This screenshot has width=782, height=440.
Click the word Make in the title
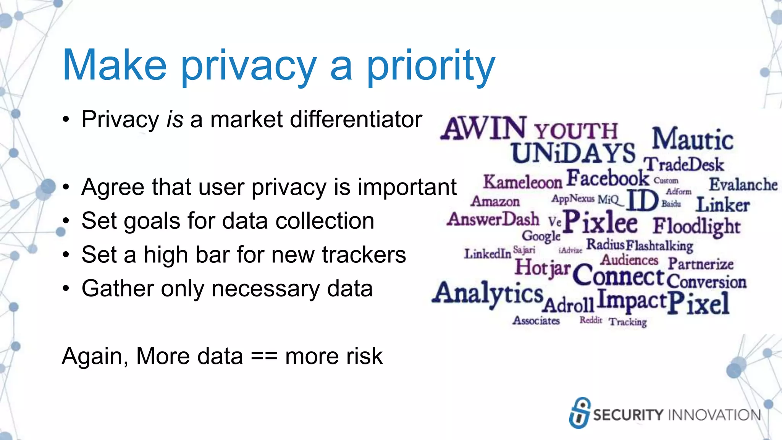pyautogui.click(x=115, y=66)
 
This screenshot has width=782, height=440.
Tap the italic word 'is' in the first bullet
pyautogui.click(x=175, y=120)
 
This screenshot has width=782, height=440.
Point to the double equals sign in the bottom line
pyautogui.click(x=264, y=357)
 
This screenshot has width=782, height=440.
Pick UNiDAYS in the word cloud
pyautogui.click(x=573, y=153)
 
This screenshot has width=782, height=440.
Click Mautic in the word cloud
pyautogui.click(x=692, y=139)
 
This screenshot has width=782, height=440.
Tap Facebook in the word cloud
pyautogui.click(x=608, y=178)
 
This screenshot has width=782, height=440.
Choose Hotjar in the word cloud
pyautogui.click(x=542, y=267)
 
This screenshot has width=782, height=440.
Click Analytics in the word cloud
pyautogui.click(x=488, y=293)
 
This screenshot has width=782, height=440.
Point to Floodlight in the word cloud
pyautogui.click(x=696, y=226)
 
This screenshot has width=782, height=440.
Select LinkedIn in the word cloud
pyautogui.click(x=487, y=254)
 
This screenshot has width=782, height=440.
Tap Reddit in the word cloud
pyautogui.click(x=590, y=320)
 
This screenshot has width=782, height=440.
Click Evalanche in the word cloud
pyautogui.click(x=743, y=185)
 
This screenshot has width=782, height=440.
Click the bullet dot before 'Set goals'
pyautogui.click(x=66, y=222)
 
